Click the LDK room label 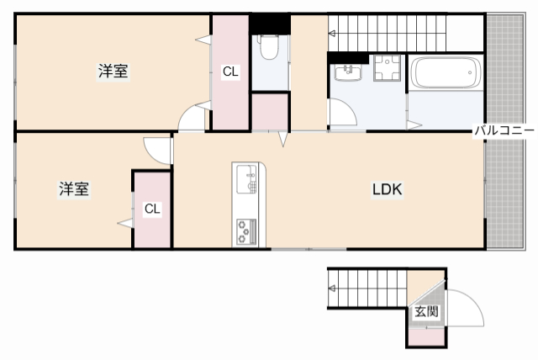388,190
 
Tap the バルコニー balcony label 504,130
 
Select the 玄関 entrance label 425,311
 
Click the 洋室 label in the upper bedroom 113,71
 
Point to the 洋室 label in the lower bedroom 74,189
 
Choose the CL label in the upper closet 230,72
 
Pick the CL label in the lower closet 152,209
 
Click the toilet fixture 269,48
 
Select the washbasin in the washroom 345,72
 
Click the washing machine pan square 388,70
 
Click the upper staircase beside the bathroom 387,34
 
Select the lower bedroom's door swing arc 156,149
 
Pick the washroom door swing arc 343,113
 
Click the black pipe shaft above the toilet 269,23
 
